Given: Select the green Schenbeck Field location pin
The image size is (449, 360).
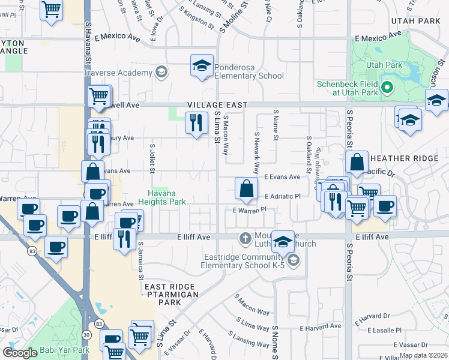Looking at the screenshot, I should click(x=387, y=88).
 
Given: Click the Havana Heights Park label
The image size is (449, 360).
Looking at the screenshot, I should click(x=162, y=197).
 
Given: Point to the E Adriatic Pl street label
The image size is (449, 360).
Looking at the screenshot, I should click(x=282, y=196).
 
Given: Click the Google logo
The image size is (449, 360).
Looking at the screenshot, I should click(x=20, y=352).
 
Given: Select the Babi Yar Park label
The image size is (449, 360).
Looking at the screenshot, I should click(x=65, y=350).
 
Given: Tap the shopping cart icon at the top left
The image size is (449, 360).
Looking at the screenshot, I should click(x=52, y=9).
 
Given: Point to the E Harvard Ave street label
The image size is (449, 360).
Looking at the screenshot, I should click(x=324, y=328).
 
